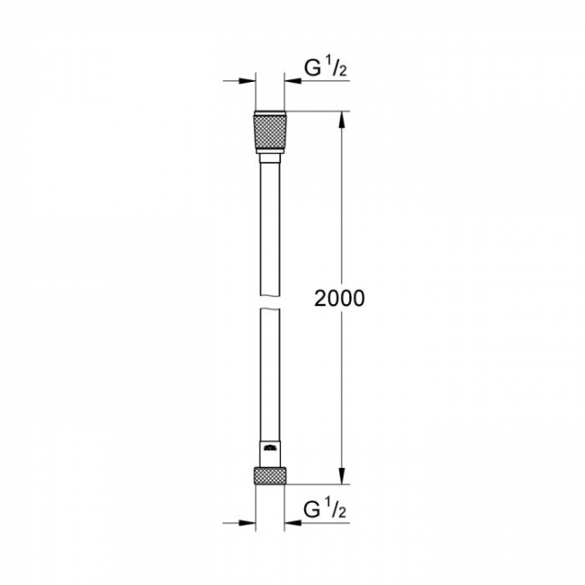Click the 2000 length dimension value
[339, 298]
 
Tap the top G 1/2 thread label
[325, 67]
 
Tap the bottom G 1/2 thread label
[325, 508]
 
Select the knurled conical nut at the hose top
[270, 132]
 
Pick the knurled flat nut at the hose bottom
[270, 476]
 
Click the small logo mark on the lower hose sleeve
[270, 447]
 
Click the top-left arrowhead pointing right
[247, 81]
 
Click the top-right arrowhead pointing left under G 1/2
[292, 81]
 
